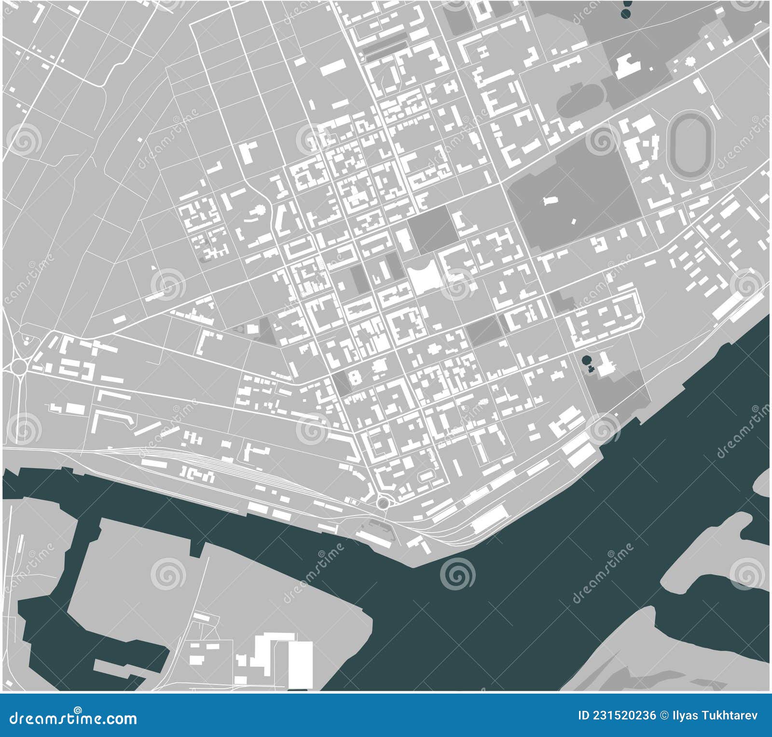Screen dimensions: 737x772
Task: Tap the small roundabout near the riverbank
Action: [383, 504]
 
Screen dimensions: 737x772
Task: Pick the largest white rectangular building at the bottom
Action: [300, 665]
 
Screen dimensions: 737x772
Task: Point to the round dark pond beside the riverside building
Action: [586, 360]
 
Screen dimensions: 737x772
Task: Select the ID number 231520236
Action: [617, 715]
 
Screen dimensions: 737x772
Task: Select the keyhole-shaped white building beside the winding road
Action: [259, 211]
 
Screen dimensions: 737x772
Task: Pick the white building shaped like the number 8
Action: [356, 377]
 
